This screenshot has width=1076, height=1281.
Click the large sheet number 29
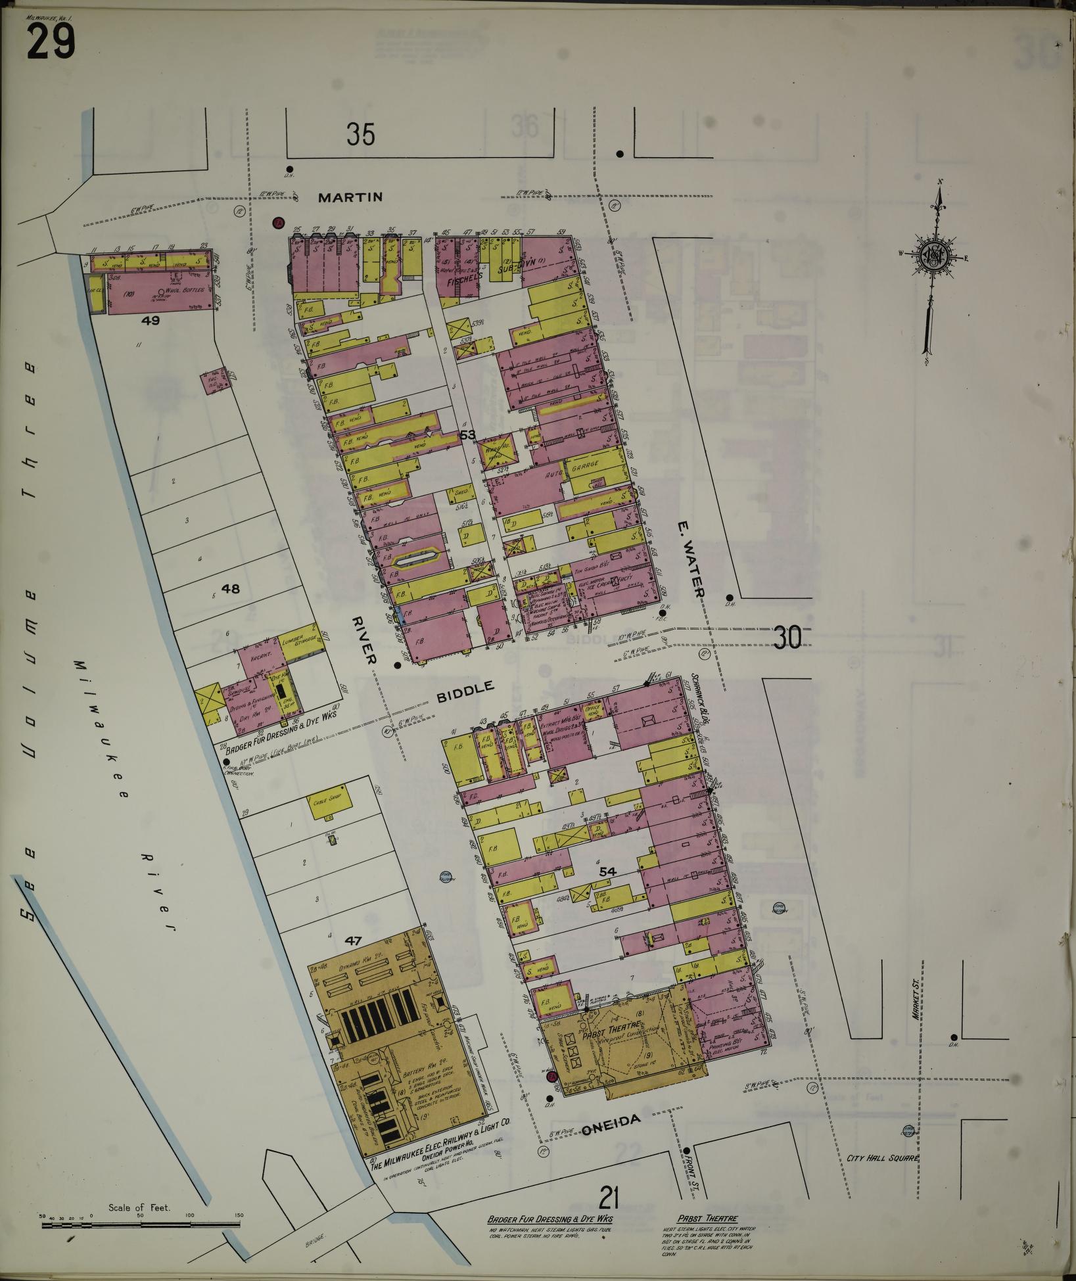pyautogui.click(x=51, y=42)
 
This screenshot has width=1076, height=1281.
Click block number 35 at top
pyautogui.click(x=361, y=135)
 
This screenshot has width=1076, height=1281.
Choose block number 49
pyautogui.click(x=151, y=321)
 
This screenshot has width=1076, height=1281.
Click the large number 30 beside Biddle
pyautogui.click(x=787, y=637)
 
